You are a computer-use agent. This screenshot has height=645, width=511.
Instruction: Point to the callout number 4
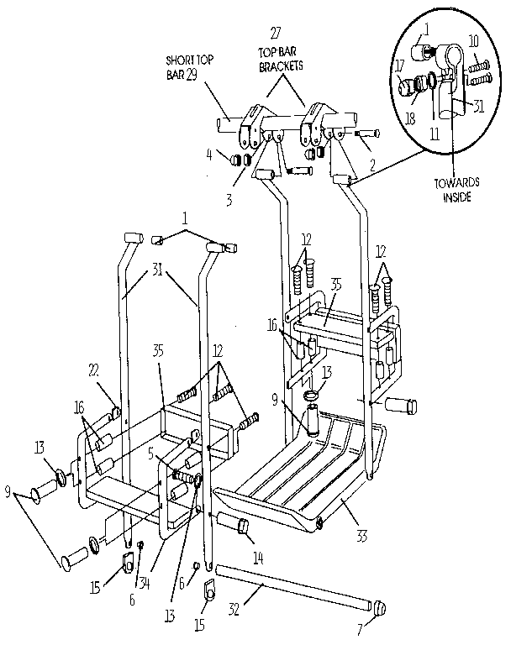(208, 155)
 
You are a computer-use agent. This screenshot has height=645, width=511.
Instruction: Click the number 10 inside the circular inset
(473, 40)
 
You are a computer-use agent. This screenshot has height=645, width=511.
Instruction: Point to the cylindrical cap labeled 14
(236, 527)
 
